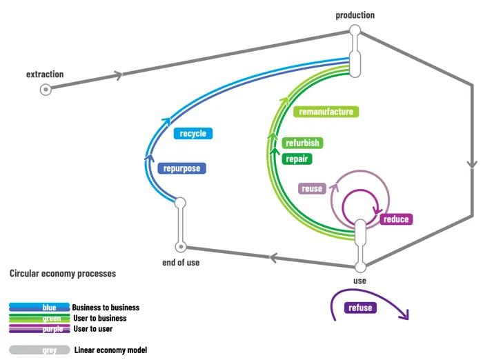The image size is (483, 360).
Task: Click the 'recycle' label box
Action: [193, 133]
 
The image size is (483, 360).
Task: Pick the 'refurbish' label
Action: [302, 143]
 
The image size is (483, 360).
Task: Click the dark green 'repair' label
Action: [297, 159]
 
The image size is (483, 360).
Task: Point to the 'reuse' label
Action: [312, 188]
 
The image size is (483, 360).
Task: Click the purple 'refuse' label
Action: [360, 308]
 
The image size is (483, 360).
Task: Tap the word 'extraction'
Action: [45, 74]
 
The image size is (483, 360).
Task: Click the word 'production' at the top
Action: [355, 15]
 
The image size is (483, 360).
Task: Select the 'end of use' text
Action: [181, 262]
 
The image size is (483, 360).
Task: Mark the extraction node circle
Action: [46, 88]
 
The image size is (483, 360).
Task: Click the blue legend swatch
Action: [39, 308]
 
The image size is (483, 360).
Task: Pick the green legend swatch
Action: [39, 318]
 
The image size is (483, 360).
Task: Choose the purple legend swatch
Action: [39, 329]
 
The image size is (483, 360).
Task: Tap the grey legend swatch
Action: [39, 350]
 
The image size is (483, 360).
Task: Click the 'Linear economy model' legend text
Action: [110, 350]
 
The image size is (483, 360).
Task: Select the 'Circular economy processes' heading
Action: [63, 274]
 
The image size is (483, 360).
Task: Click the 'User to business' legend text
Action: [99, 318]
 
